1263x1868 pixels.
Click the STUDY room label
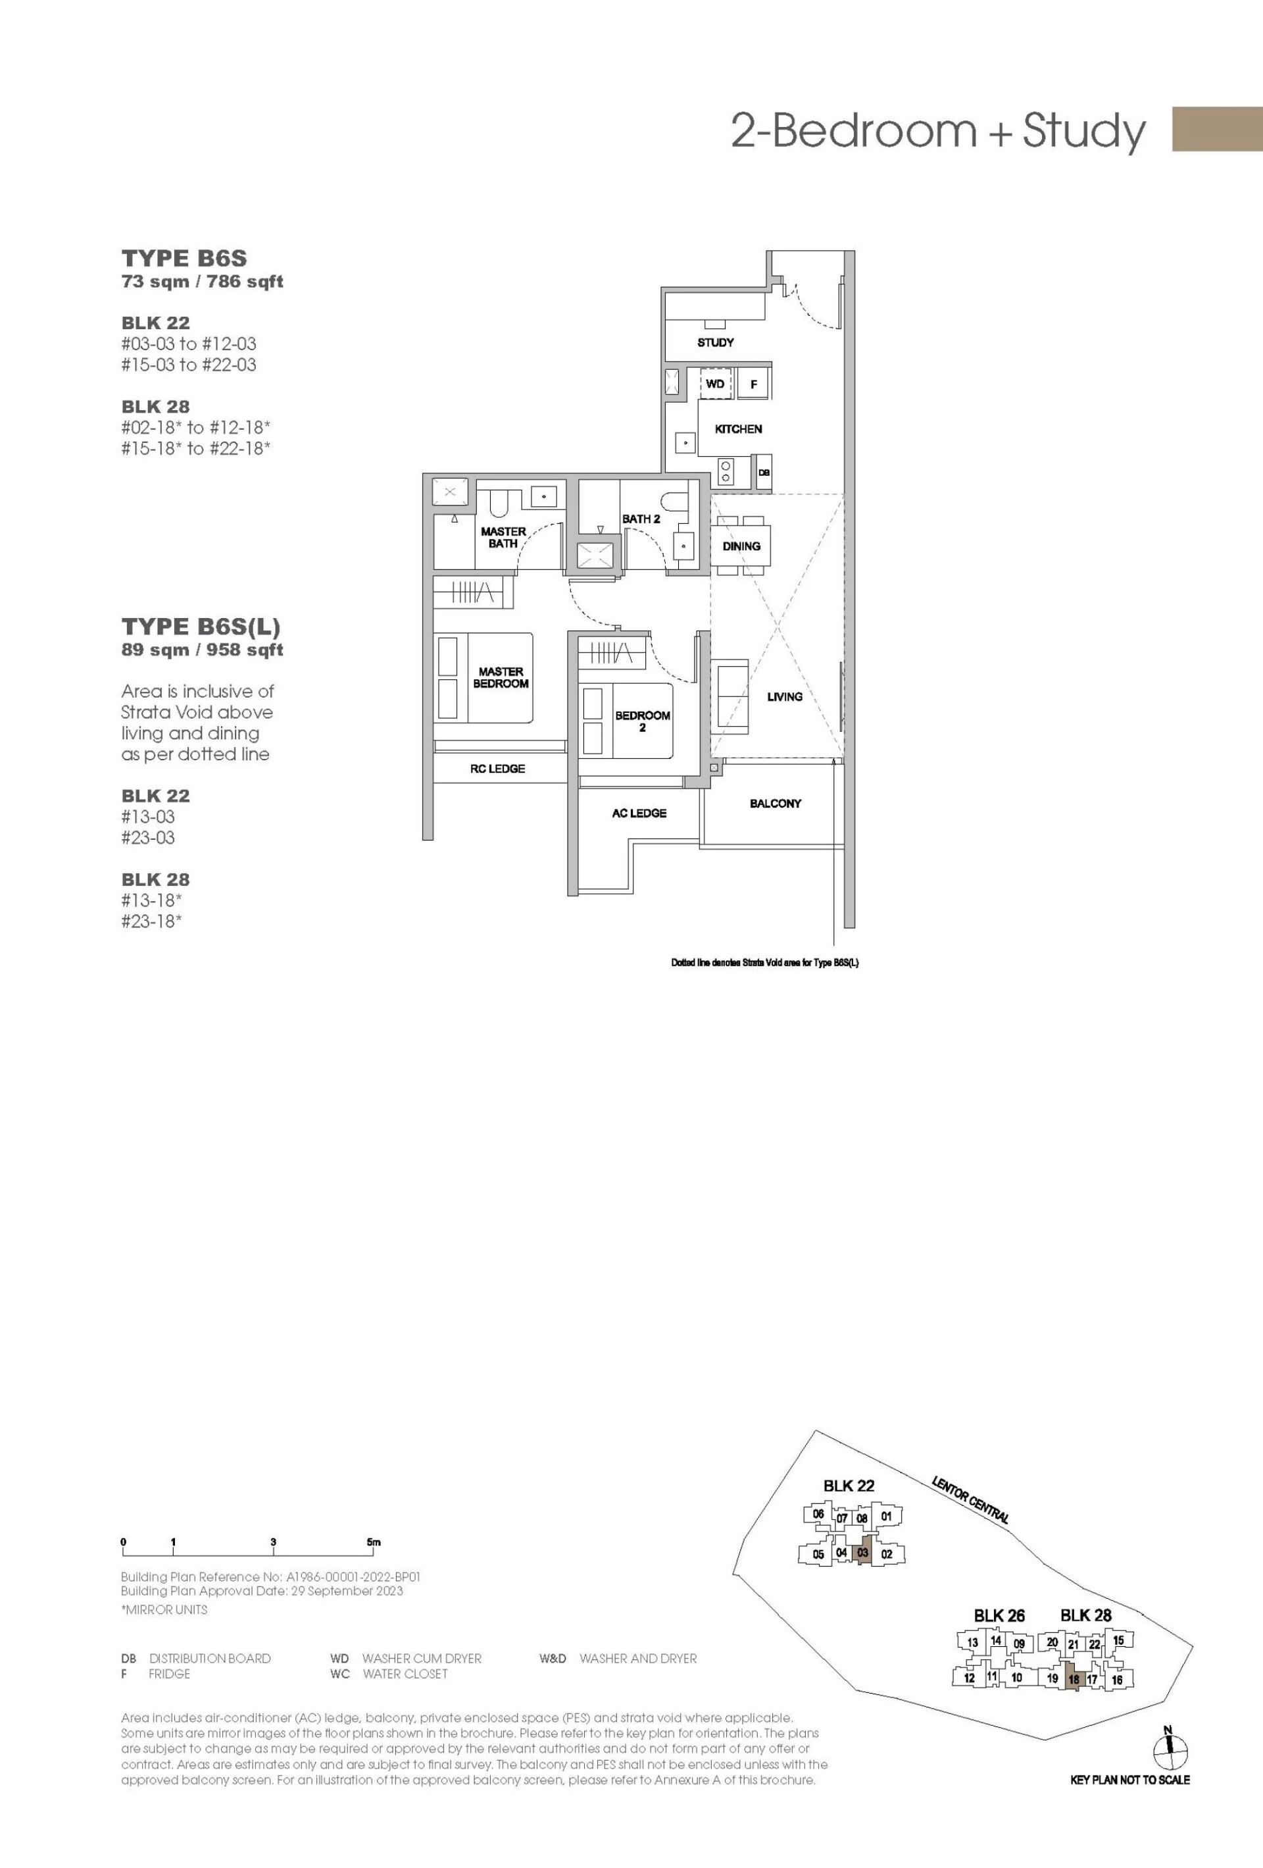point(715,342)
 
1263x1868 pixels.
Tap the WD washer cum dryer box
point(715,383)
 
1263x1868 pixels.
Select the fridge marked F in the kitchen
point(754,383)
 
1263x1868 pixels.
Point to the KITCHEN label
point(738,429)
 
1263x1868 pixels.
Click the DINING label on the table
point(741,546)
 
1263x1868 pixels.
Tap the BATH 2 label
point(641,519)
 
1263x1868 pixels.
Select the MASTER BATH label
point(503,538)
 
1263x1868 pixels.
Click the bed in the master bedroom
point(483,677)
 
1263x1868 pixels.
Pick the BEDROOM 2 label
point(643,721)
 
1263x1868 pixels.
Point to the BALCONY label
point(776,803)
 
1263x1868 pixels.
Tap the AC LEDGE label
point(639,814)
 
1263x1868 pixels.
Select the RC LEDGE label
point(497,769)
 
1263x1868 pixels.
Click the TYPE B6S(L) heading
point(201,627)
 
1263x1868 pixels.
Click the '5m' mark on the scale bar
point(374,1542)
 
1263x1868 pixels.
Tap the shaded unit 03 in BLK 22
point(862,1552)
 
